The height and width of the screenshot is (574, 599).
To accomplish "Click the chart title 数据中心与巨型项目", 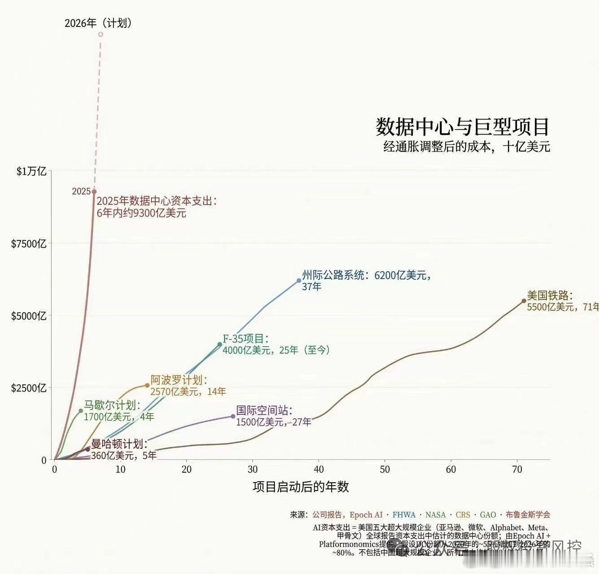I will (x=462, y=127).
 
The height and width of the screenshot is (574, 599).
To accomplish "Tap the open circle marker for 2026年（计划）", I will (x=100, y=35).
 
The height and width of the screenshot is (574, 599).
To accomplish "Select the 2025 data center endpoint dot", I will (x=94, y=192).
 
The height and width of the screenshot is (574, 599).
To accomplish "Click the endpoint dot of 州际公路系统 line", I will (x=299, y=281).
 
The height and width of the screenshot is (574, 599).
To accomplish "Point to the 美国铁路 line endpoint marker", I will (x=524, y=301).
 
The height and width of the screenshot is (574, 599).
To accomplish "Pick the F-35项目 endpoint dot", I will (x=220, y=344).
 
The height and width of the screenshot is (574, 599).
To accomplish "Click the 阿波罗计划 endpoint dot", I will (x=147, y=385).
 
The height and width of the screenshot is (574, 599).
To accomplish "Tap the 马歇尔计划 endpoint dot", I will (x=81, y=411).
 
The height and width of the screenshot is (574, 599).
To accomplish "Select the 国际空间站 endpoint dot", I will (x=233, y=416).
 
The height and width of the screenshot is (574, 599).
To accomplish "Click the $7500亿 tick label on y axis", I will (x=29, y=244).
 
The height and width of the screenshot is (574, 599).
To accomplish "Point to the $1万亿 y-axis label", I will (x=31, y=171).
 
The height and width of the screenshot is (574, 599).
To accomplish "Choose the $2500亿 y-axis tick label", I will (x=29, y=388).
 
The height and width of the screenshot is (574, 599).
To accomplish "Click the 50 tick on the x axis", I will (x=385, y=470).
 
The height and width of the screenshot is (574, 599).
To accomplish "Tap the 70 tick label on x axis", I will (x=517, y=470).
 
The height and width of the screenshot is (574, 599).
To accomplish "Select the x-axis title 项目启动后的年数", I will (x=300, y=487).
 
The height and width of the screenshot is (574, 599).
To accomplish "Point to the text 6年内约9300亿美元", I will (x=141, y=213).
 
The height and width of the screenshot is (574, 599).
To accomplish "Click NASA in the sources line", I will (x=435, y=515).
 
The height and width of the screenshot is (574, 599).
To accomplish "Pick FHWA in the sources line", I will (x=404, y=515).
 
